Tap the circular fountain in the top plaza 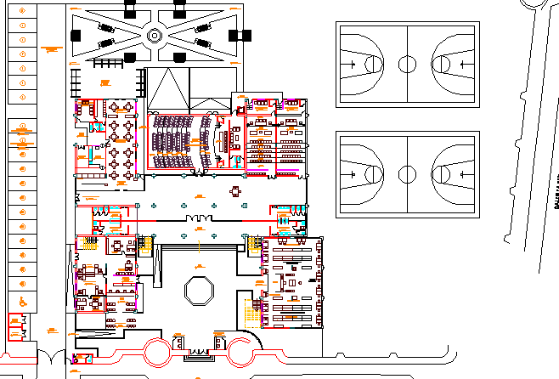(x=155, y=36)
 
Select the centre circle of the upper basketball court (x=407, y=64)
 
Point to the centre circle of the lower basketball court (x=407, y=174)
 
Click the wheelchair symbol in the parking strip (x=21, y=300)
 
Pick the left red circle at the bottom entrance (x=159, y=350)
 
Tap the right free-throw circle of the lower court (x=443, y=174)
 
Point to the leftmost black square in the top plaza (x=76, y=36)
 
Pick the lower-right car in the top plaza (x=202, y=42)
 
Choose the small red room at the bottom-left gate (x=82, y=358)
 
